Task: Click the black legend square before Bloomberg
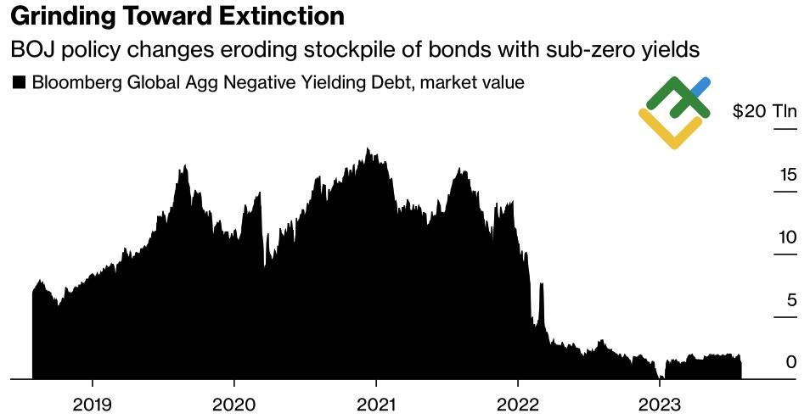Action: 18,82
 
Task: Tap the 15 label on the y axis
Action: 788,175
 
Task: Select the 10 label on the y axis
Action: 788,237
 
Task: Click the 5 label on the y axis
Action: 791,299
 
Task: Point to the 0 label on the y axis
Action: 791,362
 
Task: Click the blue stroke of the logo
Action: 700,87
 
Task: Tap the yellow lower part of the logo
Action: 672,132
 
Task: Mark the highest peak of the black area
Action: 368,150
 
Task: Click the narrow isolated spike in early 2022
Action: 541,288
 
